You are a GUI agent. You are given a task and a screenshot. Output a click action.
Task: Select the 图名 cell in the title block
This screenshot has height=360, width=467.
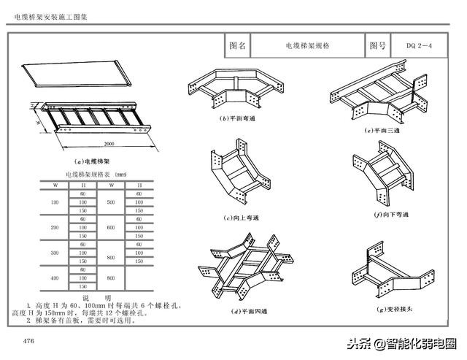(238, 45)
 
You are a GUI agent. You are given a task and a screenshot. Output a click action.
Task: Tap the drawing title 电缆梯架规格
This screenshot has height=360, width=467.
(307, 45)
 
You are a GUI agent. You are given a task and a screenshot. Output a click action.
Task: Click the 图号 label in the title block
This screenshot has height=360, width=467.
(377, 45)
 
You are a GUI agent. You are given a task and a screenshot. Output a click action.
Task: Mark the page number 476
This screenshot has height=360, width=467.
(28, 341)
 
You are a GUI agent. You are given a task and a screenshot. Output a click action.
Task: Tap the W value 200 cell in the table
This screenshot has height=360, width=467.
(55, 228)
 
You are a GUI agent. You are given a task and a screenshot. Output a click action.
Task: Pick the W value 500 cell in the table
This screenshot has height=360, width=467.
(111, 202)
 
